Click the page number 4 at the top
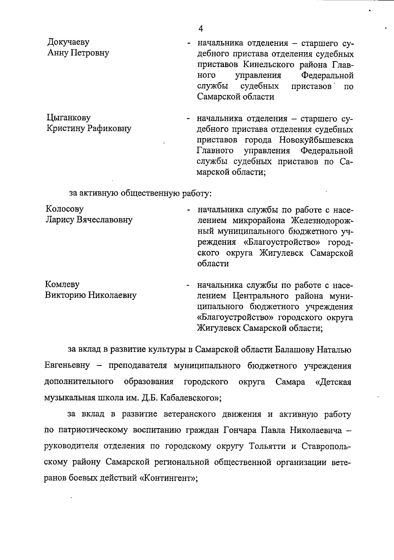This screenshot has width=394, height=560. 201,29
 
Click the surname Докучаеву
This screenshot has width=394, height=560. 68,42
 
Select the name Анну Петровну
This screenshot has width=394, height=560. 78,53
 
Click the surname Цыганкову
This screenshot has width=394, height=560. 68,118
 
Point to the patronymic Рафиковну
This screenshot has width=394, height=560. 109,128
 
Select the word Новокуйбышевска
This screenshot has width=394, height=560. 317,140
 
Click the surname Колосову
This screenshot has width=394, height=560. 64,209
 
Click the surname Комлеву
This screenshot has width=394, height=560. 62,284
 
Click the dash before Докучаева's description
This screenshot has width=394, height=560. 188,43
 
